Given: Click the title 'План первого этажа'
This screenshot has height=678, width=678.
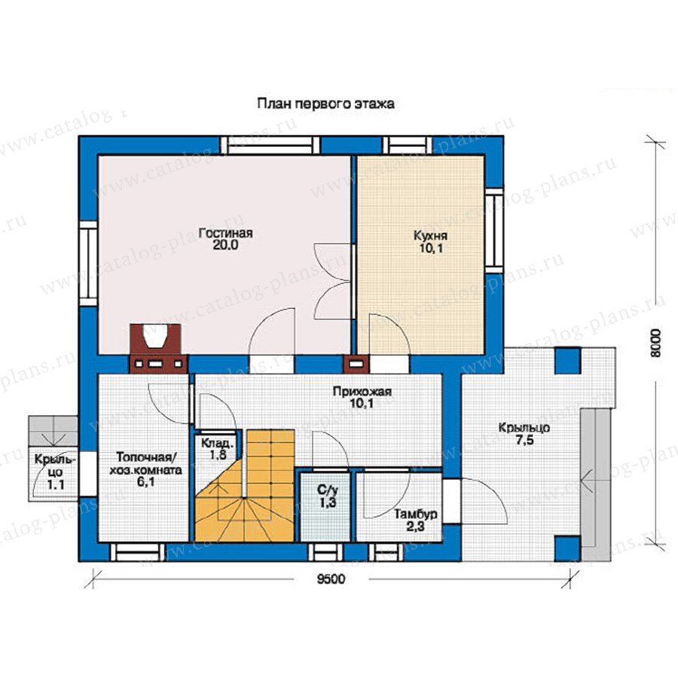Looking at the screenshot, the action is coord(325,105).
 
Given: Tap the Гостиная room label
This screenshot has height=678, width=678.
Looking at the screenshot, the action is coord(225,234).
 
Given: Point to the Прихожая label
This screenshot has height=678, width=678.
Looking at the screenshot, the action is coord(362,392).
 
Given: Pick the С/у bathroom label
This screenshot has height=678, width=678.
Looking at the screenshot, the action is coord(327,490).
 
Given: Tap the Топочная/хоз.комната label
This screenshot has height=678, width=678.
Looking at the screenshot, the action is coord(145,463).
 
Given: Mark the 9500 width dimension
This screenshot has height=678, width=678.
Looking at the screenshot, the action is coord(331,579).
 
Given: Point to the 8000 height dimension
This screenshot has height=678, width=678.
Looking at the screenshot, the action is coord(656,343).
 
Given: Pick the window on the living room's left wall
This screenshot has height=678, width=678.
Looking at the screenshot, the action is coord(88,264).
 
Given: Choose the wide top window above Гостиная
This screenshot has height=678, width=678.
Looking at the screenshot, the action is coord(270,145).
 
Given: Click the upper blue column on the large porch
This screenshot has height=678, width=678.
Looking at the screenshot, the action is coord(567,361).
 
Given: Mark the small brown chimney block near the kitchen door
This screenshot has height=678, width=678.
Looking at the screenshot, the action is coord(356,364).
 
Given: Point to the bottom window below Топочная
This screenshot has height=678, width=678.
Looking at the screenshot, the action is coord(138,552).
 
